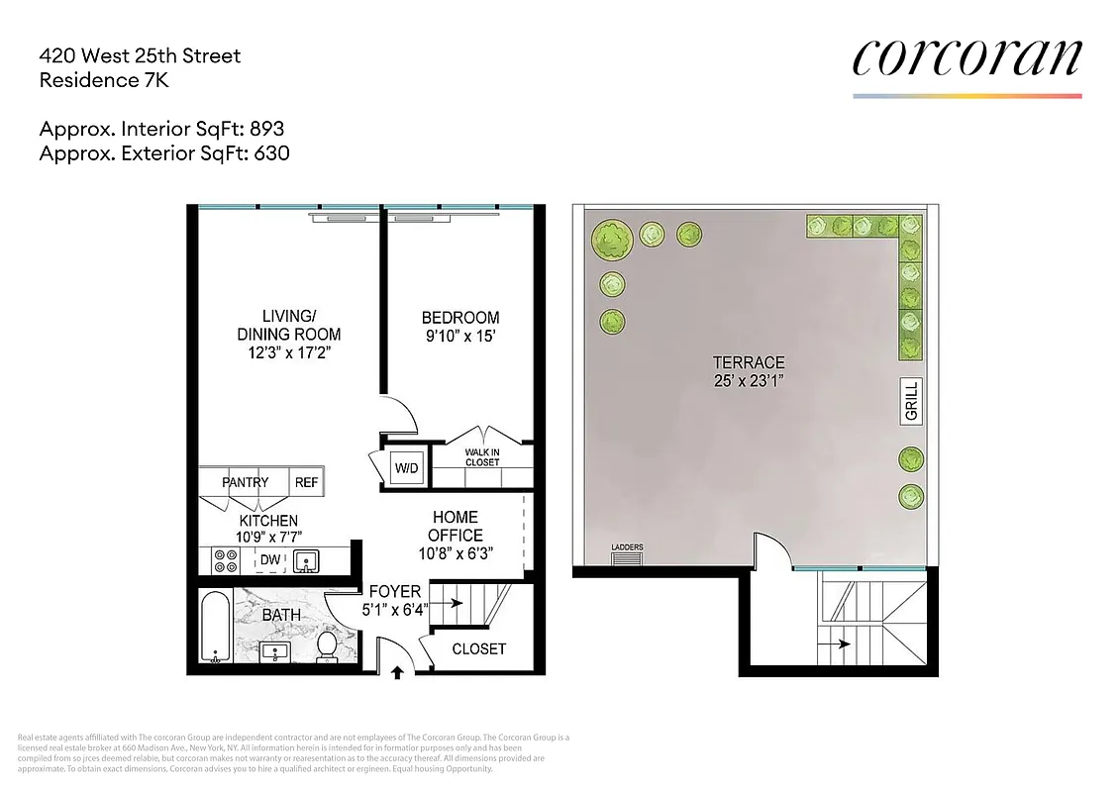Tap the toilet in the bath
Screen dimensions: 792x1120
(327, 647)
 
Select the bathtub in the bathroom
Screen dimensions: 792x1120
(214, 628)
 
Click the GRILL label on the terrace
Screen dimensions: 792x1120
(912, 401)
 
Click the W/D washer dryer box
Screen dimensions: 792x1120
(406, 466)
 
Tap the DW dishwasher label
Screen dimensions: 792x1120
(269, 560)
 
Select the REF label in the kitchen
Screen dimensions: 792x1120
(306, 482)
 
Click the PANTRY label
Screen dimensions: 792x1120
(245, 482)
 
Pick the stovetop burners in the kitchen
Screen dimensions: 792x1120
(225, 561)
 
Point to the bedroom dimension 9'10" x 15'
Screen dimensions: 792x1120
(460, 336)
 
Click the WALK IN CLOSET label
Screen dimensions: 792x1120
(482, 456)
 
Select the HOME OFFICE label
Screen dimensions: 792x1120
(455, 526)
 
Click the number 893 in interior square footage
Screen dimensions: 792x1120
(266, 129)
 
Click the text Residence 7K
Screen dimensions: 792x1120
(104, 81)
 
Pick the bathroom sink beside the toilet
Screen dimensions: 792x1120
(274, 651)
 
